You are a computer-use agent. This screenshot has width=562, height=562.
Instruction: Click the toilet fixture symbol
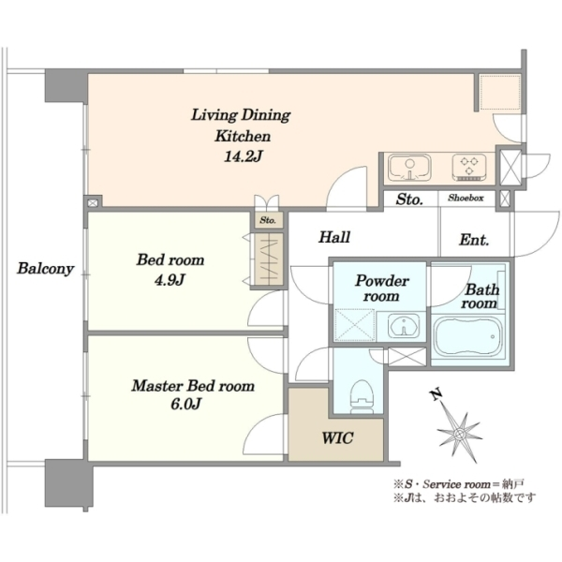(362, 395)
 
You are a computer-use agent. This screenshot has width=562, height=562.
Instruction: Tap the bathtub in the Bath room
(467, 336)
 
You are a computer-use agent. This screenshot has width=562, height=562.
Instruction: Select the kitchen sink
(409, 168)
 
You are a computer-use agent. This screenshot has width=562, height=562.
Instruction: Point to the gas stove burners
(469, 167)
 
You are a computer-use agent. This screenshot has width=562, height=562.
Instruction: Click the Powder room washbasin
(404, 326)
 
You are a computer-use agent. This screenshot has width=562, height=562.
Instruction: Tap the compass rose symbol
(459, 434)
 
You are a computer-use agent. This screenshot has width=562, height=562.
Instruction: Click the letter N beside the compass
(436, 394)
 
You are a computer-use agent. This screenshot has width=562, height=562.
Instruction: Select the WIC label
(337, 437)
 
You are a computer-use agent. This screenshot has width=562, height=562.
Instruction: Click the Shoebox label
(466, 198)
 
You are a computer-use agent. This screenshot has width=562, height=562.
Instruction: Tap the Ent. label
(474, 240)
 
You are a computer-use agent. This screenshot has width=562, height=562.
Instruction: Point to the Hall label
(334, 237)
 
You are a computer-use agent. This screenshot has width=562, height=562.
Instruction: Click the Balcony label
(46, 269)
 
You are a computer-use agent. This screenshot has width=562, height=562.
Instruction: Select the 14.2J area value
(244, 156)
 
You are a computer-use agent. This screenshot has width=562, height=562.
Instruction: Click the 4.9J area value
(170, 279)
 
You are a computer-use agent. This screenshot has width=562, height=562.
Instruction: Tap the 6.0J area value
(185, 405)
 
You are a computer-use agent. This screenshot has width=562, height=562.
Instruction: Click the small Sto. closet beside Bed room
(268, 220)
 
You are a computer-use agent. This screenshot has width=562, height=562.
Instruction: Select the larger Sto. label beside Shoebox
(409, 200)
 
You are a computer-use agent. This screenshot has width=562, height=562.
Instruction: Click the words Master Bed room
(193, 386)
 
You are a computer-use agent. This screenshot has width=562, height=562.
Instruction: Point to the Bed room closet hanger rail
(268, 259)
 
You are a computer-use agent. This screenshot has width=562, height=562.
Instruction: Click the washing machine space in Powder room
(354, 325)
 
